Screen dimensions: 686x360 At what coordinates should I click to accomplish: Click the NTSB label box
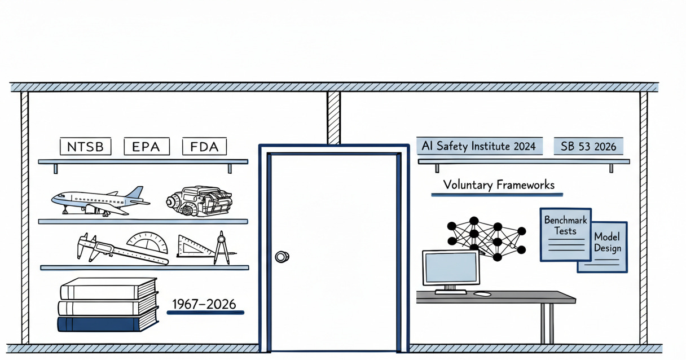(x=86, y=147)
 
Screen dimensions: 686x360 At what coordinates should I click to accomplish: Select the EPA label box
(x=146, y=147)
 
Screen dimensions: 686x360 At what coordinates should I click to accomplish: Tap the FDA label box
(x=204, y=147)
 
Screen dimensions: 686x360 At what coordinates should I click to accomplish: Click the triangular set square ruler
(x=195, y=247)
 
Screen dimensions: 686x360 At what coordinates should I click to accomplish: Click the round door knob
(x=282, y=257)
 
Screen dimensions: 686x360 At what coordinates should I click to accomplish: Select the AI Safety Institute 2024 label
(x=479, y=146)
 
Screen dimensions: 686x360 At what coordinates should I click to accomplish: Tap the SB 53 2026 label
(x=588, y=146)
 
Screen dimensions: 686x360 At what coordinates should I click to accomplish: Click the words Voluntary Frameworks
(x=498, y=185)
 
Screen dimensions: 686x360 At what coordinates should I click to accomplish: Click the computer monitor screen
(x=450, y=268)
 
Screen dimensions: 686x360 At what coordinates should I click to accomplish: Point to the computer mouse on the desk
(x=481, y=294)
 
